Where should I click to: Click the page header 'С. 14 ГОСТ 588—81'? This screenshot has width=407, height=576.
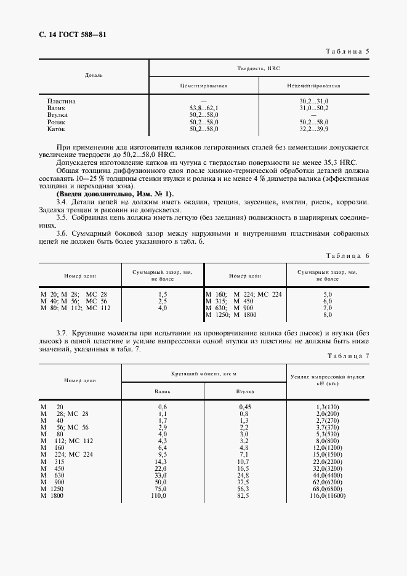click(71, 35)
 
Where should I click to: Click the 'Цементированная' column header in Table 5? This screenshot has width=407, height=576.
click(204, 86)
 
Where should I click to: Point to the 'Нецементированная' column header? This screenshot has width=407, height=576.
click(313, 86)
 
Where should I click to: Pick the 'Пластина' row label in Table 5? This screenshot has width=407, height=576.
click(61, 101)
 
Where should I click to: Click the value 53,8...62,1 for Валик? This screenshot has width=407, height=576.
click(204, 108)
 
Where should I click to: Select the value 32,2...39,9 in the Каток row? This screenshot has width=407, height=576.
click(314, 130)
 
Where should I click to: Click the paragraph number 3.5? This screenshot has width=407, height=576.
click(62, 218)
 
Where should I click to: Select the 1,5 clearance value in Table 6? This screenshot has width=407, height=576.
click(163, 295)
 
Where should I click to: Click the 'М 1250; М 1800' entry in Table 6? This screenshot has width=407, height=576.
click(230, 315)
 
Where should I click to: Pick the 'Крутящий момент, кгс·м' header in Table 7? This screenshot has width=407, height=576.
click(204, 374)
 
